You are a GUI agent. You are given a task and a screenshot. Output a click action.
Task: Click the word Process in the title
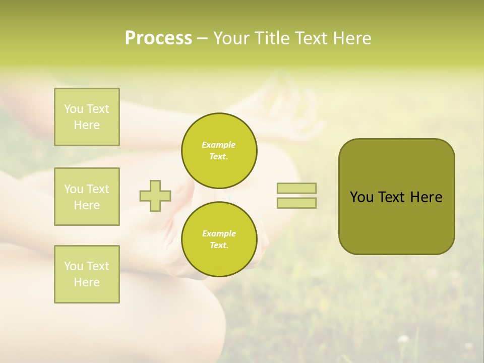pos(158,38)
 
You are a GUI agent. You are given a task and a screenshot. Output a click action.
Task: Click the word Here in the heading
pos(353,38)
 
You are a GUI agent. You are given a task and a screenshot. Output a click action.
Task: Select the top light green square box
pos(87,117)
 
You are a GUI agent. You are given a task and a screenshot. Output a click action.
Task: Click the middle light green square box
pos(87,197)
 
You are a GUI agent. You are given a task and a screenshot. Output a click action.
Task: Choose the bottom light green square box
pos(87,274)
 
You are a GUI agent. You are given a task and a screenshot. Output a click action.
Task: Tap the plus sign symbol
pos(155,196)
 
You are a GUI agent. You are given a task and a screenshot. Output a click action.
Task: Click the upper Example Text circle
pos(219,150)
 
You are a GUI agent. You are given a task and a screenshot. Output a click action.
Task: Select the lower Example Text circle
pos(219,239)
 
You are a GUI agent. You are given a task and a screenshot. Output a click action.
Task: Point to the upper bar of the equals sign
pos(296,188)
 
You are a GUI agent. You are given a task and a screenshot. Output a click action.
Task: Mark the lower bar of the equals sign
pos(296,203)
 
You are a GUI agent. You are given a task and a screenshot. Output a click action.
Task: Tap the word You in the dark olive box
pos(362,197)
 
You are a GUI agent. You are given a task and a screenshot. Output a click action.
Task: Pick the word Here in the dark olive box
pos(426,197)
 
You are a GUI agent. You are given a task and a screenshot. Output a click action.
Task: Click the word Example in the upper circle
pos(219,145)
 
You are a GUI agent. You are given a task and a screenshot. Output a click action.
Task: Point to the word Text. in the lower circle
pos(219,246)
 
